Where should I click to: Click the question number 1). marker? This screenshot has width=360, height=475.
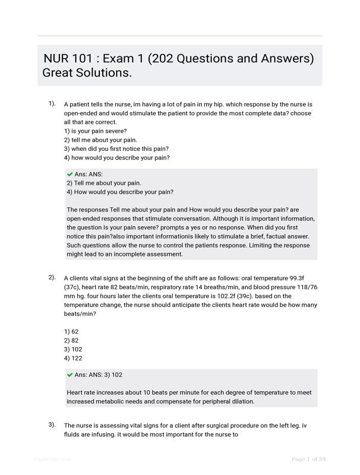(x=52, y=104)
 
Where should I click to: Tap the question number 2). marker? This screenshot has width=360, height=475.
(x=52, y=277)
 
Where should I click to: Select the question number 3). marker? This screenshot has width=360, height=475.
(x=52, y=425)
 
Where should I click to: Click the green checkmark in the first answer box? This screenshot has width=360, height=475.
(x=70, y=174)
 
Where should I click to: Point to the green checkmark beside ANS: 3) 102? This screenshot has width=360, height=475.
(x=70, y=375)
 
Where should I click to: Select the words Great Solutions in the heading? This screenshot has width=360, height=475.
(x=87, y=74)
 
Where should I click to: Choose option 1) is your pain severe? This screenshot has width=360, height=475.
(x=95, y=131)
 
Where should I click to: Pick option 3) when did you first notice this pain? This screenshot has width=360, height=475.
(x=116, y=149)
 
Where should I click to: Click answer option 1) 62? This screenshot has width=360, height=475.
(x=71, y=331)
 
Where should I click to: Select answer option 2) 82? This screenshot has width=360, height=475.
(x=71, y=340)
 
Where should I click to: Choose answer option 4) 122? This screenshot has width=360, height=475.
(x=72, y=358)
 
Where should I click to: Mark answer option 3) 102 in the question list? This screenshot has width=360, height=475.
(x=72, y=349)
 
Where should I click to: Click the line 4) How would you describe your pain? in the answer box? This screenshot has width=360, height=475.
(x=120, y=192)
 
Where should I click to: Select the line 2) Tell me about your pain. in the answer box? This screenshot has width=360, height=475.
(x=104, y=183)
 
